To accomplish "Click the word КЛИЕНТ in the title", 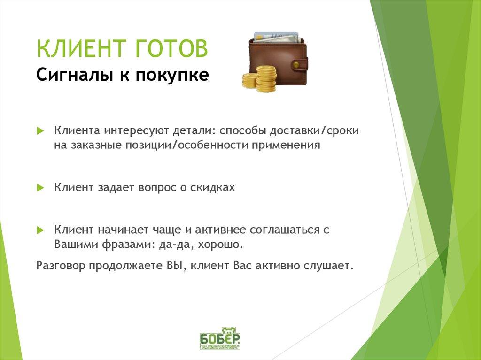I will (78, 49).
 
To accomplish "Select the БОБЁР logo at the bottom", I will (220, 338).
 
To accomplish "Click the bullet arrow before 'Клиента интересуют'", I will (40, 130).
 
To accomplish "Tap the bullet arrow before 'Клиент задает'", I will (40, 187).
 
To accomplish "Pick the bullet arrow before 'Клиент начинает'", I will (40, 230).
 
